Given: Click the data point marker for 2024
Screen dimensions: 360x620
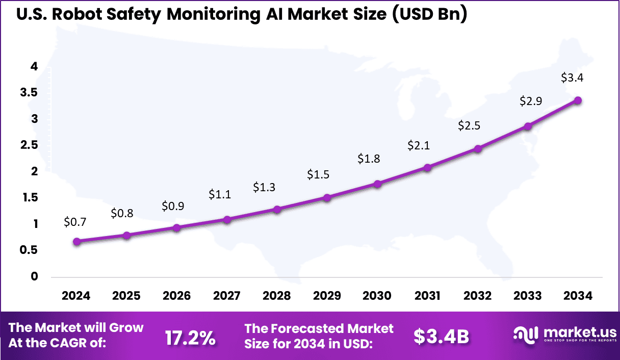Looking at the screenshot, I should point(76,242).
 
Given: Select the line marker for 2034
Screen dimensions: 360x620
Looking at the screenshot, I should point(578,100).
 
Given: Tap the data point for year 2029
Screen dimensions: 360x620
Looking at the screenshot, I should point(327,197).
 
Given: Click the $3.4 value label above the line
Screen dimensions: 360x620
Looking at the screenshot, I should point(572,78).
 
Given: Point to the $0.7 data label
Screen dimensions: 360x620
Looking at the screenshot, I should point(75,222).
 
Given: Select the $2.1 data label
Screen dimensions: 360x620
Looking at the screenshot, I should point(419,146).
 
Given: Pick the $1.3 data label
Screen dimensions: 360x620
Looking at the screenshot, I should point(264,187).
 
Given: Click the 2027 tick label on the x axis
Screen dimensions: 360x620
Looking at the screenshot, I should point(227,296).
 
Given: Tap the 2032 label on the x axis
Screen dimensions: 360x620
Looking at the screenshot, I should point(478,296).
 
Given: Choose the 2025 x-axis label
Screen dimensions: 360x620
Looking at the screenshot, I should point(126,296).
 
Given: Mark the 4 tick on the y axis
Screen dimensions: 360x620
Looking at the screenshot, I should point(34,66).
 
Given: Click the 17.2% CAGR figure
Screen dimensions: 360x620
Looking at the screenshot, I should point(190,337).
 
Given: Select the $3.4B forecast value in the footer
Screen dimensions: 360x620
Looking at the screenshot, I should point(441,337).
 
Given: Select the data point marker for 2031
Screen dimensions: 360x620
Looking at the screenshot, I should point(428,167).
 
